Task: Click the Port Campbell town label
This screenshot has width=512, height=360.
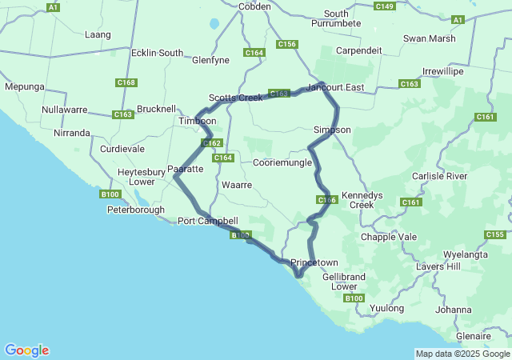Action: tap(207, 221)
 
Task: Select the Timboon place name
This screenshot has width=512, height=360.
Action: tap(197, 121)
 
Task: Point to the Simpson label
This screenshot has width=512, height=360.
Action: tap(331, 129)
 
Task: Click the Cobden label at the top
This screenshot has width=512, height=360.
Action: tap(254, 6)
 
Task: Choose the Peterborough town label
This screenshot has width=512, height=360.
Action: tap(135, 210)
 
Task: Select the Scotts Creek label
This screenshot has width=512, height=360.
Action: tap(235, 98)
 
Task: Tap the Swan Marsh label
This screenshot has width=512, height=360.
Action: tap(430, 38)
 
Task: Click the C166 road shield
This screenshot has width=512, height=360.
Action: tap(326, 200)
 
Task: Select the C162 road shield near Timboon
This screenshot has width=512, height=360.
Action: tap(211, 143)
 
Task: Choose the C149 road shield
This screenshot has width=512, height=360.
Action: tap(384, 6)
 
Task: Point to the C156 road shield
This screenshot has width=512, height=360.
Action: tap(286, 44)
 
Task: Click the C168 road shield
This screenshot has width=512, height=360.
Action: tap(126, 82)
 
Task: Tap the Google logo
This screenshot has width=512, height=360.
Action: tap(26, 350)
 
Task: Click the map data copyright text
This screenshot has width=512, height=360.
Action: tap(462, 354)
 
